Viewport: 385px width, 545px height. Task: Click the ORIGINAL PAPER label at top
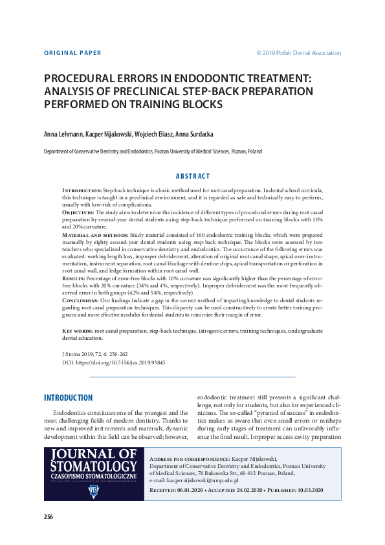pyautogui.click(x=72, y=53)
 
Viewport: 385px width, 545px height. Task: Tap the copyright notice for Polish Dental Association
pyautogui.click(x=298, y=53)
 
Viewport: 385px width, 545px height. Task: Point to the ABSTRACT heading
pyautogui.click(x=193, y=176)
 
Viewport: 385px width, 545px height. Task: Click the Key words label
pyautogui.click(x=77, y=331)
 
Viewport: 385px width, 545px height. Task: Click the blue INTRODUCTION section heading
pyautogui.click(x=68, y=397)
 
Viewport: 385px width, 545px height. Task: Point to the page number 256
pyautogui.click(x=49, y=517)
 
